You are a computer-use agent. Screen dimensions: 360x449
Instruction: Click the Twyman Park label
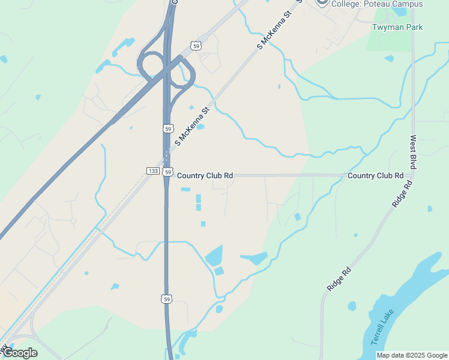point(397,27)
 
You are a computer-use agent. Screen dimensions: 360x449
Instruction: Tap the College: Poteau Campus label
point(377,4)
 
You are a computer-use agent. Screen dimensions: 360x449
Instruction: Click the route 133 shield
point(152,171)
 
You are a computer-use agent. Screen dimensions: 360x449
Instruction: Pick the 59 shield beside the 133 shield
point(168,171)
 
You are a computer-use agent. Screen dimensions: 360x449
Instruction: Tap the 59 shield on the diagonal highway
point(196,46)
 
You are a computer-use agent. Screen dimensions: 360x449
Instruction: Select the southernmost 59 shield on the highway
point(167,298)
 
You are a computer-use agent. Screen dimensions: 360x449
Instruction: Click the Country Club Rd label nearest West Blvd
point(375,176)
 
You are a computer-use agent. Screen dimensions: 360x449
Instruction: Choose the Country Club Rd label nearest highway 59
point(205,176)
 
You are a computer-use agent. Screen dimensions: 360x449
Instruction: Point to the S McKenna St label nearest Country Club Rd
point(191,127)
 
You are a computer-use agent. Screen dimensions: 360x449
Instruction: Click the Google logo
point(20,353)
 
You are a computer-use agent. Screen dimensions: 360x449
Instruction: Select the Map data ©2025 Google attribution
point(412,355)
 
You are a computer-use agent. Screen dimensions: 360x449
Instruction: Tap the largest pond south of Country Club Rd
point(214,256)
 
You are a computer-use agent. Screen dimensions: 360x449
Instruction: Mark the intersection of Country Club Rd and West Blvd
point(413,175)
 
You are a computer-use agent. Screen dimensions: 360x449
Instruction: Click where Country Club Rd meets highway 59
point(167,176)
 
